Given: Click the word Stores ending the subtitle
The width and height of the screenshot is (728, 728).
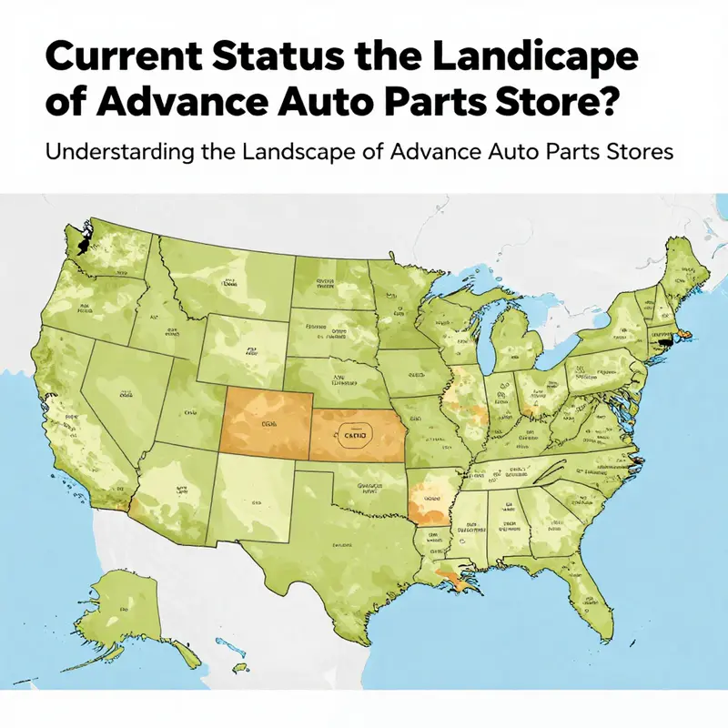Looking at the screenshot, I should [642, 152].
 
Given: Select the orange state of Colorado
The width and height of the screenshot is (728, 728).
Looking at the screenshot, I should [267, 420].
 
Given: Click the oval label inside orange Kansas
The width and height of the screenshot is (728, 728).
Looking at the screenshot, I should [350, 437].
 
